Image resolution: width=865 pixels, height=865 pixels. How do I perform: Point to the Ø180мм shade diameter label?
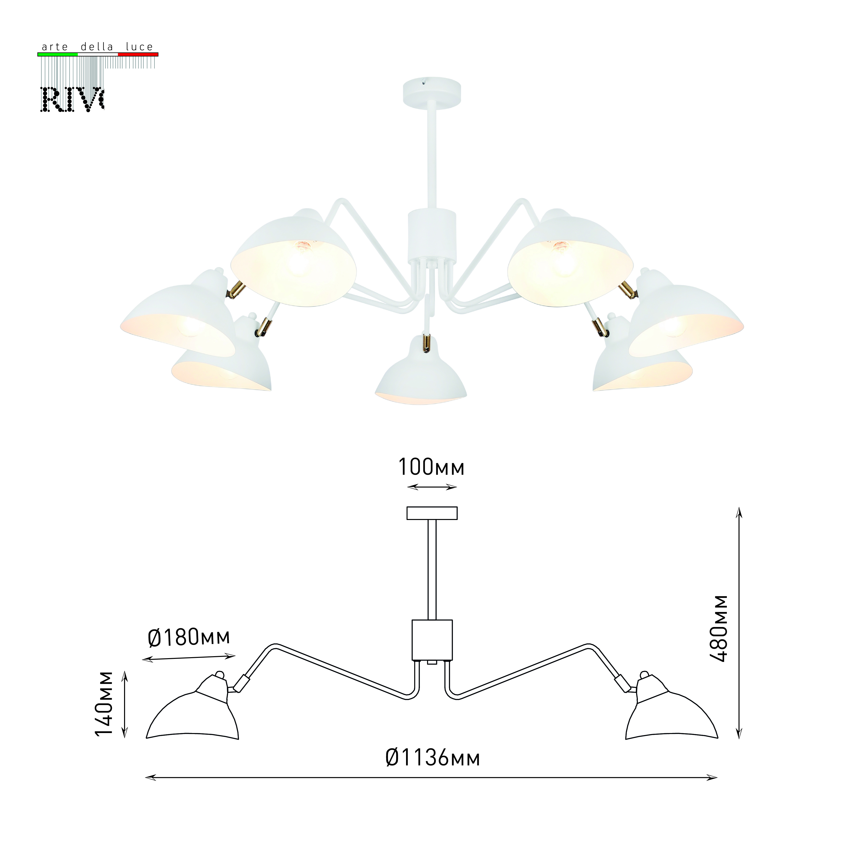[x=189, y=638]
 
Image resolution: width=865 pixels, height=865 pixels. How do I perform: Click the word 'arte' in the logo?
[x=55, y=46]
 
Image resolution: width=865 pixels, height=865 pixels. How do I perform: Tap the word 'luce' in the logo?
[x=139, y=46]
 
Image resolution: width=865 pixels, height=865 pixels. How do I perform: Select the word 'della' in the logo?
[x=97, y=46]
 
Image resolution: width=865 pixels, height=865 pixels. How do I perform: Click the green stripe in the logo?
[x=57, y=54]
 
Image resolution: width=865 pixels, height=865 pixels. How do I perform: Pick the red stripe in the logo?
[x=138, y=54]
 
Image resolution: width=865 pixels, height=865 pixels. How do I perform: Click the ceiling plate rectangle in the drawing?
[x=432, y=513]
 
